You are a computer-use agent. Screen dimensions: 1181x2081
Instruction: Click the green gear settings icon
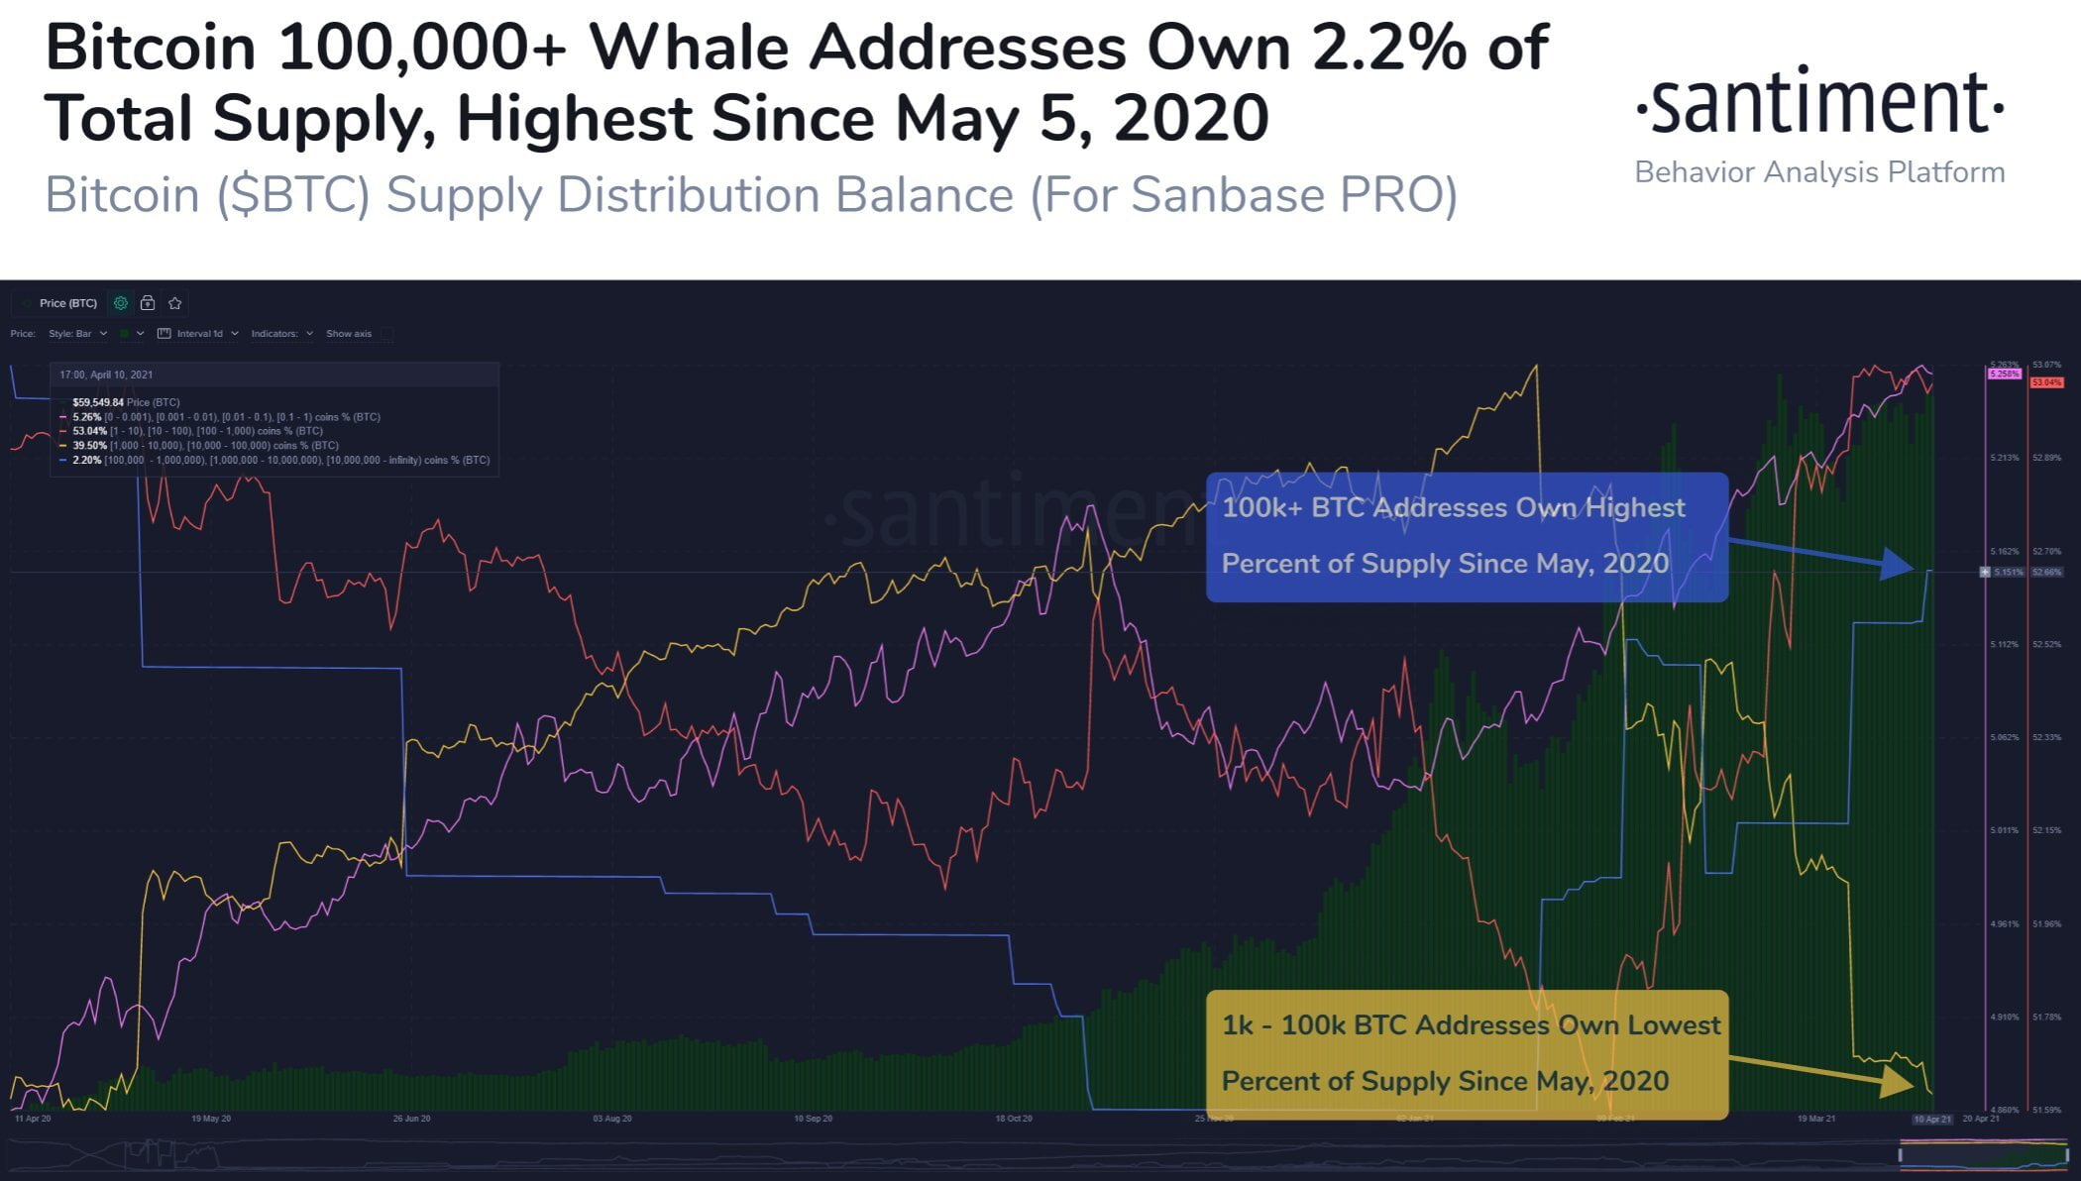[x=121, y=303]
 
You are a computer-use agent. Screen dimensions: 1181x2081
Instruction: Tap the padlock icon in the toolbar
[x=148, y=303]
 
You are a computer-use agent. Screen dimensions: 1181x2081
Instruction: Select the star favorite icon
[x=175, y=303]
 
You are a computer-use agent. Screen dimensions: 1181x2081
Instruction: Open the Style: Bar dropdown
[x=78, y=334]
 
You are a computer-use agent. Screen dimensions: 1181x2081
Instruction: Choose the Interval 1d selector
[x=199, y=334]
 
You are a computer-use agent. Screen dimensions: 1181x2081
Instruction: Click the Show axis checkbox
[x=386, y=334]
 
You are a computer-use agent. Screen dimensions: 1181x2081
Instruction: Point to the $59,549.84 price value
[x=98, y=402]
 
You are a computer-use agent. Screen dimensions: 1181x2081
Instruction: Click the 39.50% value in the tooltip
[x=89, y=446]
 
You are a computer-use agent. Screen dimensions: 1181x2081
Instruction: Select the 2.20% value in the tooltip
[x=87, y=460]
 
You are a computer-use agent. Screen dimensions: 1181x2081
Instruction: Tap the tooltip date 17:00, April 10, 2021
[x=106, y=375]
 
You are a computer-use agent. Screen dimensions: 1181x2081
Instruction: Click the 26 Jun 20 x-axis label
[x=411, y=1119]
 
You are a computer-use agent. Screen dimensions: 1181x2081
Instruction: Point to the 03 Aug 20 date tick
[x=612, y=1119]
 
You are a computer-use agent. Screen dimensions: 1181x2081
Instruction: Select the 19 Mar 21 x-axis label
[x=1816, y=1119]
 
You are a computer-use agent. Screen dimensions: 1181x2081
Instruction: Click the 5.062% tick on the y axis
[x=2004, y=737]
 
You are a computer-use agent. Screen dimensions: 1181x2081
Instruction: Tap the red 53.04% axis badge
[x=2046, y=382]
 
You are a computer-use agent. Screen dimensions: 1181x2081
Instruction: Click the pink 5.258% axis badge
[x=2003, y=374]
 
